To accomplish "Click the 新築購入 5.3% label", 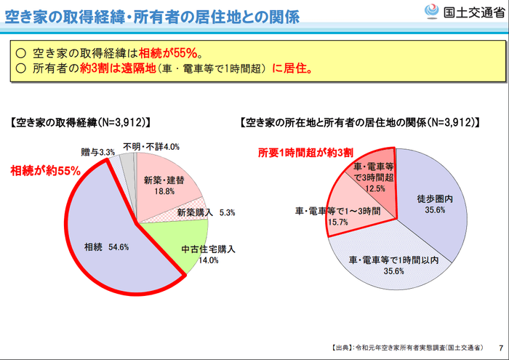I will tap(206, 213).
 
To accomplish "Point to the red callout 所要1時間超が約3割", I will tap(306, 153).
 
